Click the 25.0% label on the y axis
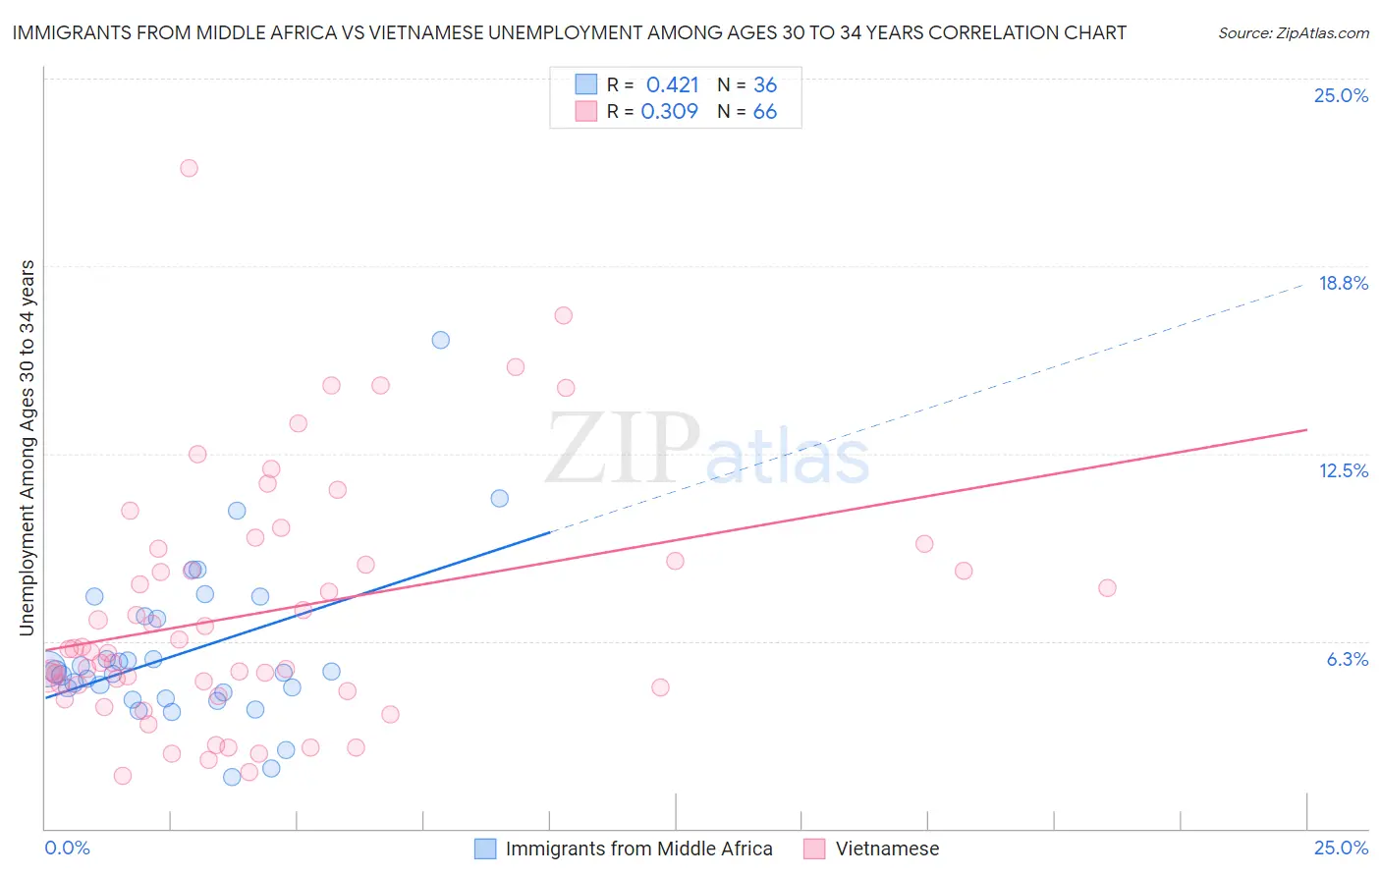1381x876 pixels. [1341, 95]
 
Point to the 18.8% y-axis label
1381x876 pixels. [1343, 283]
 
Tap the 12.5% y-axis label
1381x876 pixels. [1343, 470]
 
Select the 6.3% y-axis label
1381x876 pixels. [1347, 659]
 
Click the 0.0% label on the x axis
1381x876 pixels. [67, 848]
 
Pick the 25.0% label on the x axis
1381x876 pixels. [1341, 848]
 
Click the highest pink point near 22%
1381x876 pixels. [189, 168]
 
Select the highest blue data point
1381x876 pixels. [440, 340]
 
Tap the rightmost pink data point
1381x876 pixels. [1107, 588]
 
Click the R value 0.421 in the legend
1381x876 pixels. [672, 84]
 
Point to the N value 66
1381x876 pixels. [764, 112]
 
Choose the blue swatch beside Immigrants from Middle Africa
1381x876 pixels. [485, 849]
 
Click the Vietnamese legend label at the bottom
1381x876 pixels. [887, 849]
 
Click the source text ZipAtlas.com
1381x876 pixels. [1294, 32]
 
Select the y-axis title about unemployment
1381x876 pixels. [27, 447]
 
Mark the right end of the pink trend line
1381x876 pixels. [1306, 430]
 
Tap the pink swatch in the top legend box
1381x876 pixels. [586, 111]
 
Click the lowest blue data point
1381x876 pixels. [232, 777]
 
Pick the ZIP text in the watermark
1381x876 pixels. [623, 449]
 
